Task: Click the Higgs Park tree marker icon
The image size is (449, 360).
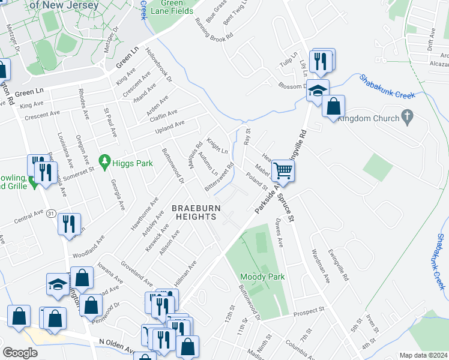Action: coord(106,161)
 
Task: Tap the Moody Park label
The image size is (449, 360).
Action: coord(262,277)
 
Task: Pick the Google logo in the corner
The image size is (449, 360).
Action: coord(20,353)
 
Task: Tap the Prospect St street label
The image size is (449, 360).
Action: coord(309,311)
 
